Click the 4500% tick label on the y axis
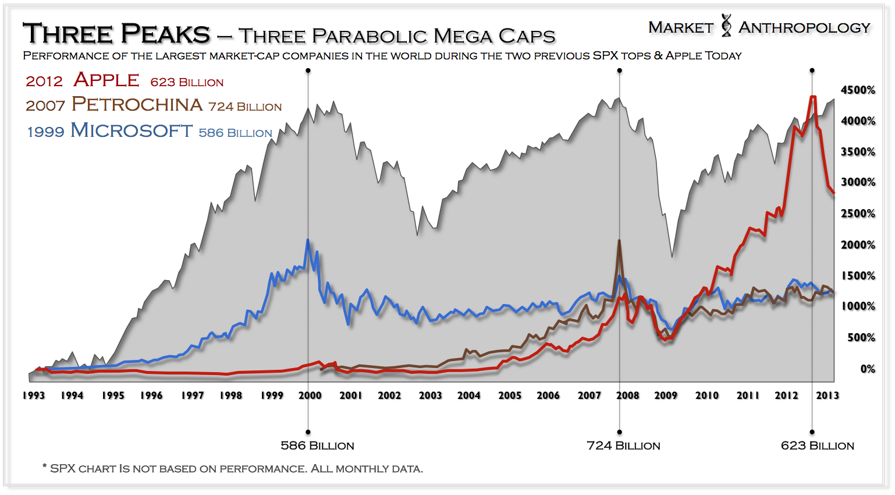pyautogui.click(x=858, y=90)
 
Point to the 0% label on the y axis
pyautogui.click(x=867, y=369)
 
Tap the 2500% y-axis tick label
pyautogui.click(x=858, y=214)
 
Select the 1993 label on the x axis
pyautogui.click(x=34, y=395)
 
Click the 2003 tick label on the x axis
pyautogui.click(x=430, y=395)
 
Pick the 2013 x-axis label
pyautogui.click(x=827, y=395)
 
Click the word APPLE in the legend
pyautogui.click(x=106, y=80)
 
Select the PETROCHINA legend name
pyautogui.click(x=137, y=104)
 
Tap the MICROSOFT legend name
pyautogui.click(x=131, y=130)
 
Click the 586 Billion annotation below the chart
pyautogui.click(x=317, y=446)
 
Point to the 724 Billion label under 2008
pyautogui.click(x=623, y=446)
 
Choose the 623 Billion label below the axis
pyautogui.click(x=817, y=446)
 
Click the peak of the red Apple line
pyautogui.click(x=813, y=97)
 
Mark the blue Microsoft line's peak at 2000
pyautogui.click(x=308, y=239)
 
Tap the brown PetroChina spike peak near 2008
pyautogui.click(x=619, y=240)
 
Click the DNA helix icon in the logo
pyautogui.click(x=726, y=26)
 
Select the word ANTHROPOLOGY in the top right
pyautogui.click(x=804, y=27)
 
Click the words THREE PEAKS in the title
pyautogui.click(x=116, y=34)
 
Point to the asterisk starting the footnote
pyautogui.click(x=44, y=466)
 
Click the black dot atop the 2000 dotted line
pyautogui.click(x=308, y=70)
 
